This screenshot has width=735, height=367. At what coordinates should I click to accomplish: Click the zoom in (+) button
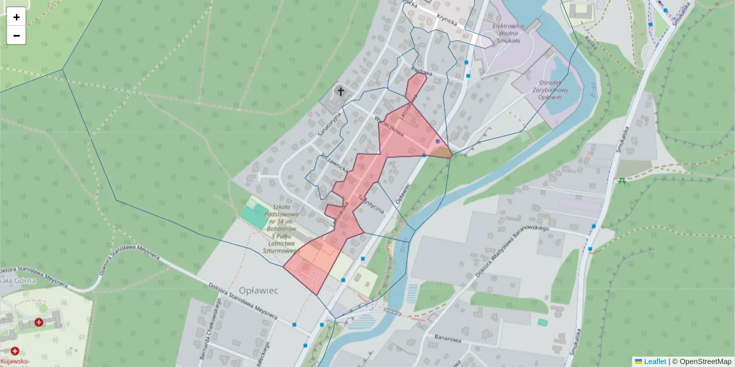pyautogui.click(x=17, y=17)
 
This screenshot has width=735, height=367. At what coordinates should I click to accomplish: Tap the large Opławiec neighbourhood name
pyautogui.click(x=258, y=291)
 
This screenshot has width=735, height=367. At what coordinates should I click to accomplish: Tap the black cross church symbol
pyautogui.click(x=340, y=92)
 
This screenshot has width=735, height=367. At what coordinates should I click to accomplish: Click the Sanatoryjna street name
pyautogui.click(x=328, y=126)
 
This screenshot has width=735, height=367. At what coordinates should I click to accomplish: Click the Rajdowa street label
pyautogui.click(x=422, y=72)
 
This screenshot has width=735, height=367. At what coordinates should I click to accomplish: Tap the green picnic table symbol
pyautogui.click(x=622, y=180)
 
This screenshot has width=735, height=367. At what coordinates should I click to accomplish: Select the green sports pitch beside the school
pyautogui.click(x=251, y=214)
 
